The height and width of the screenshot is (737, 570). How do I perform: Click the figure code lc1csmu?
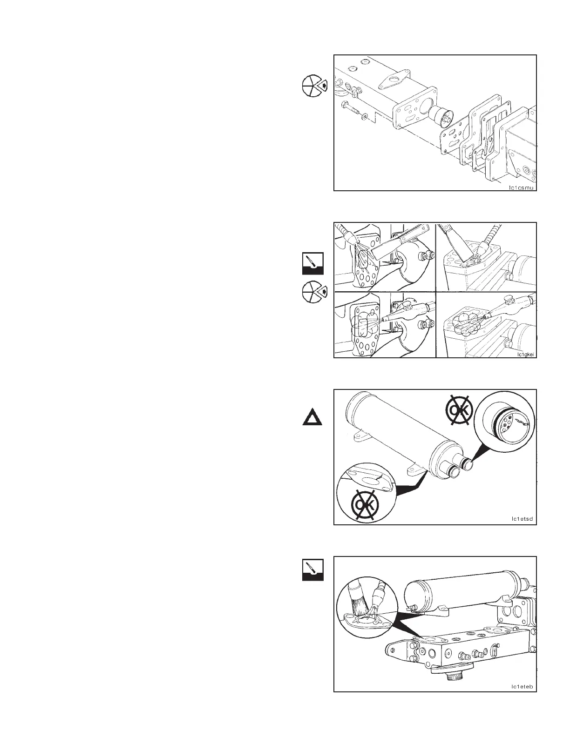(522, 188)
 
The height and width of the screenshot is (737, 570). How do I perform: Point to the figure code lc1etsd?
(522, 519)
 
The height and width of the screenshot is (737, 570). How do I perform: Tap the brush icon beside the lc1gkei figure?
(312, 263)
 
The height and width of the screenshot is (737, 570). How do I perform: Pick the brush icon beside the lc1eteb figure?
(312, 570)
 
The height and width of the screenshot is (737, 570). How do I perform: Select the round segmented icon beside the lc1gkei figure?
(313, 293)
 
